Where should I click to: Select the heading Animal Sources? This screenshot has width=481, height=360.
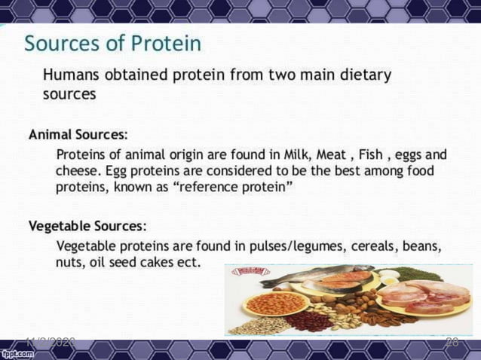pos(78,135)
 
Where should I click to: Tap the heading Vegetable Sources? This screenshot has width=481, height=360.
pos(87,226)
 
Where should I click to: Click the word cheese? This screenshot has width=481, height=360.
pos(78,171)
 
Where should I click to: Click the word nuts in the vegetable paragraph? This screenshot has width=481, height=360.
pos(69,263)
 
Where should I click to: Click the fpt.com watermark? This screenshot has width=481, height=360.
pos(16,352)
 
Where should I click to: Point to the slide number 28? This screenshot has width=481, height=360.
pos(452,343)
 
